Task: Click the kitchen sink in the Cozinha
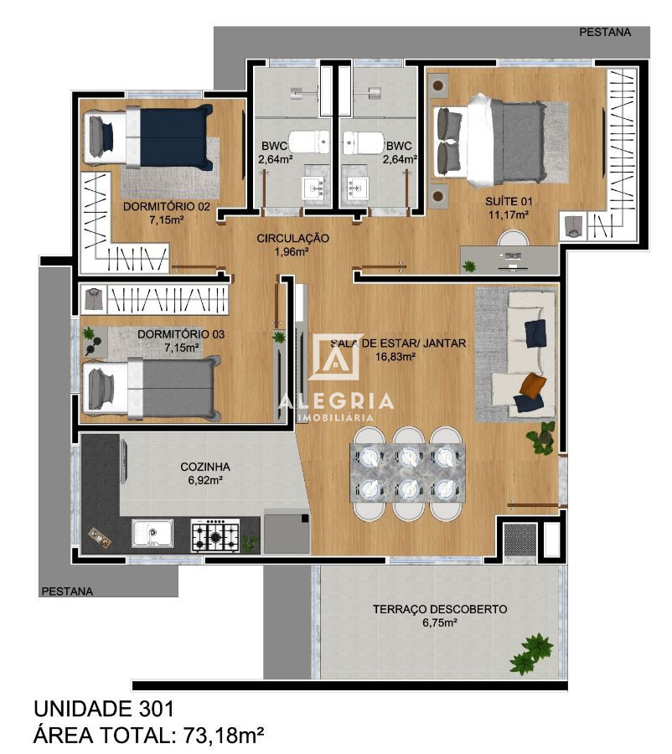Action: [153, 534]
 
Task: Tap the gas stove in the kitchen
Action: [215, 535]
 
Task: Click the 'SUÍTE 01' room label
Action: [508, 201]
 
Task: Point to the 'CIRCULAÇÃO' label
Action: [292, 238]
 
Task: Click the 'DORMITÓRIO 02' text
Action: [166, 206]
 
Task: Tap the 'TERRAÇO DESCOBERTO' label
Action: [439, 609]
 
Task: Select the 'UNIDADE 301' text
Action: [104, 709]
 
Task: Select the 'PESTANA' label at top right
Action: [603, 32]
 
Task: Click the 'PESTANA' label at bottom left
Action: [67, 591]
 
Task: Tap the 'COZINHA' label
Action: [204, 467]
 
